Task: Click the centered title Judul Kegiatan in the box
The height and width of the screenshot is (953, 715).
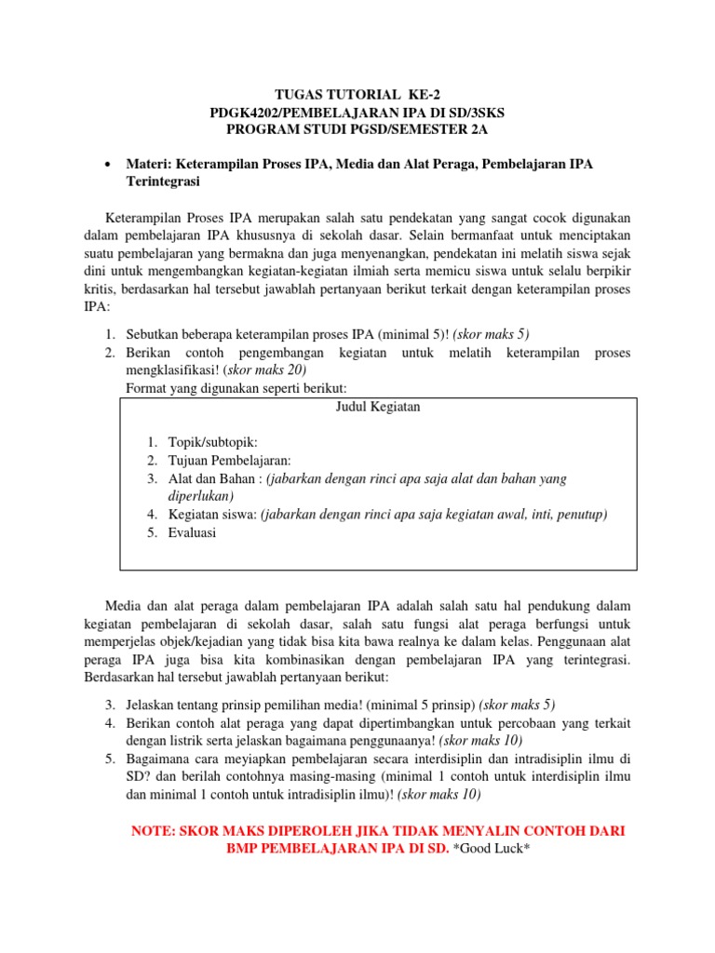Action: click(377, 408)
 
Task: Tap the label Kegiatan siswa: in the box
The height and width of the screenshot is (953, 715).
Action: click(212, 514)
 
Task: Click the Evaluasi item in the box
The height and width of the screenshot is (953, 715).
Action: click(192, 532)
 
